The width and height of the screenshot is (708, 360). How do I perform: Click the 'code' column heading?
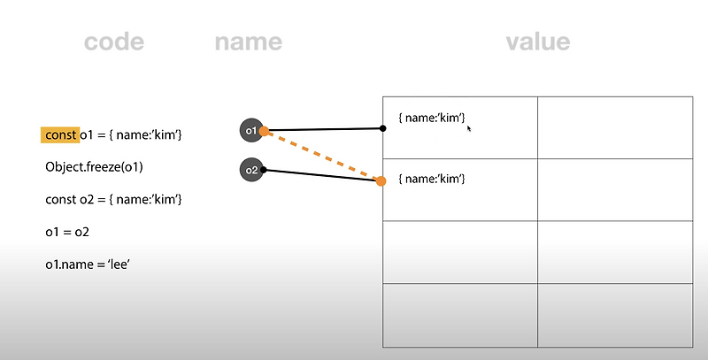point(113,42)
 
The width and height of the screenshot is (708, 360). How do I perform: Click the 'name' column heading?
point(248,42)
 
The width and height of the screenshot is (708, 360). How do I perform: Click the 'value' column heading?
point(537,42)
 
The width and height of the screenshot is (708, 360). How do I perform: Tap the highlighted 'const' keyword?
point(60,134)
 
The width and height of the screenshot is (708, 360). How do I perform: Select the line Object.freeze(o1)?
point(95,166)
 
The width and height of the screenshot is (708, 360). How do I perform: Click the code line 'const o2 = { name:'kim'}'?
point(113,198)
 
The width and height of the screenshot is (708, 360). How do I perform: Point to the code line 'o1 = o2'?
point(67,231)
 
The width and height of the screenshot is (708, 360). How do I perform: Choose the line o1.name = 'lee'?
point(88,264)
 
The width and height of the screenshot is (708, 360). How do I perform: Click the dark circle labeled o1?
point(250,131)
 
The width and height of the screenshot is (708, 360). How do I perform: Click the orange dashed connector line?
point(323,157)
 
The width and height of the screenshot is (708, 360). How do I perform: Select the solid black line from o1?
point(324,129)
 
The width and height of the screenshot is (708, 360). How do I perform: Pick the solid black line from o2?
point(320,175)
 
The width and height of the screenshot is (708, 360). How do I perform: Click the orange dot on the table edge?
point(381,181)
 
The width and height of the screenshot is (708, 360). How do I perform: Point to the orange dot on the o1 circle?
point(264,131)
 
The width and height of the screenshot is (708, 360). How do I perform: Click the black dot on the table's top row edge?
point(382,128)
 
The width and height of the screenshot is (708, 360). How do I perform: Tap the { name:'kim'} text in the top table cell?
point(432,118)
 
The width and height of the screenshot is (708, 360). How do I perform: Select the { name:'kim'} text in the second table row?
point(432,180)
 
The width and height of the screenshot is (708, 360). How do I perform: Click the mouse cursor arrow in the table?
point(469,128)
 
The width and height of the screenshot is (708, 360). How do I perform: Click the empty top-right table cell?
point(614,127)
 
